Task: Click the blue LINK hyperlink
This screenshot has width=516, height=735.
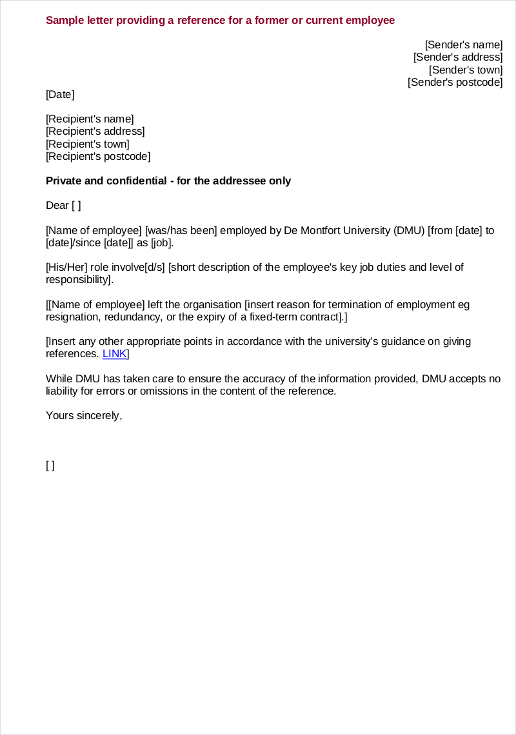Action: click(115, 354)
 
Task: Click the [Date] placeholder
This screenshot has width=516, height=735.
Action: click(60, 95)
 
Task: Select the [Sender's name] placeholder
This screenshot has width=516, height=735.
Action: click(463, 44)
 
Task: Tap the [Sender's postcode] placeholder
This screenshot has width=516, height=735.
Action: click(455, 83)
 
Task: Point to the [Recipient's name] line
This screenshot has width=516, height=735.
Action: click(90, 119)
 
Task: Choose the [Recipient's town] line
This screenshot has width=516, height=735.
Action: click(87, 144)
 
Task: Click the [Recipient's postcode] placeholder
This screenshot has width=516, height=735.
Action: click(98, 157)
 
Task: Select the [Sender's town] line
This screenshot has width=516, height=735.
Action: click(465, 70)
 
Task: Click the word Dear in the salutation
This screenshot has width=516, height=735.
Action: click(57, 206)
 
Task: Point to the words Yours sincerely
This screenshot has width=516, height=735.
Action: click(84, 416)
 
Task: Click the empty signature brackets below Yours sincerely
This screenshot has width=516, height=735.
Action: click(50, 465)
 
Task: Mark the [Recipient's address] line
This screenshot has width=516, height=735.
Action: click(95, 132)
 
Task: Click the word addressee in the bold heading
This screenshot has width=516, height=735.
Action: click(243, 181)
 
